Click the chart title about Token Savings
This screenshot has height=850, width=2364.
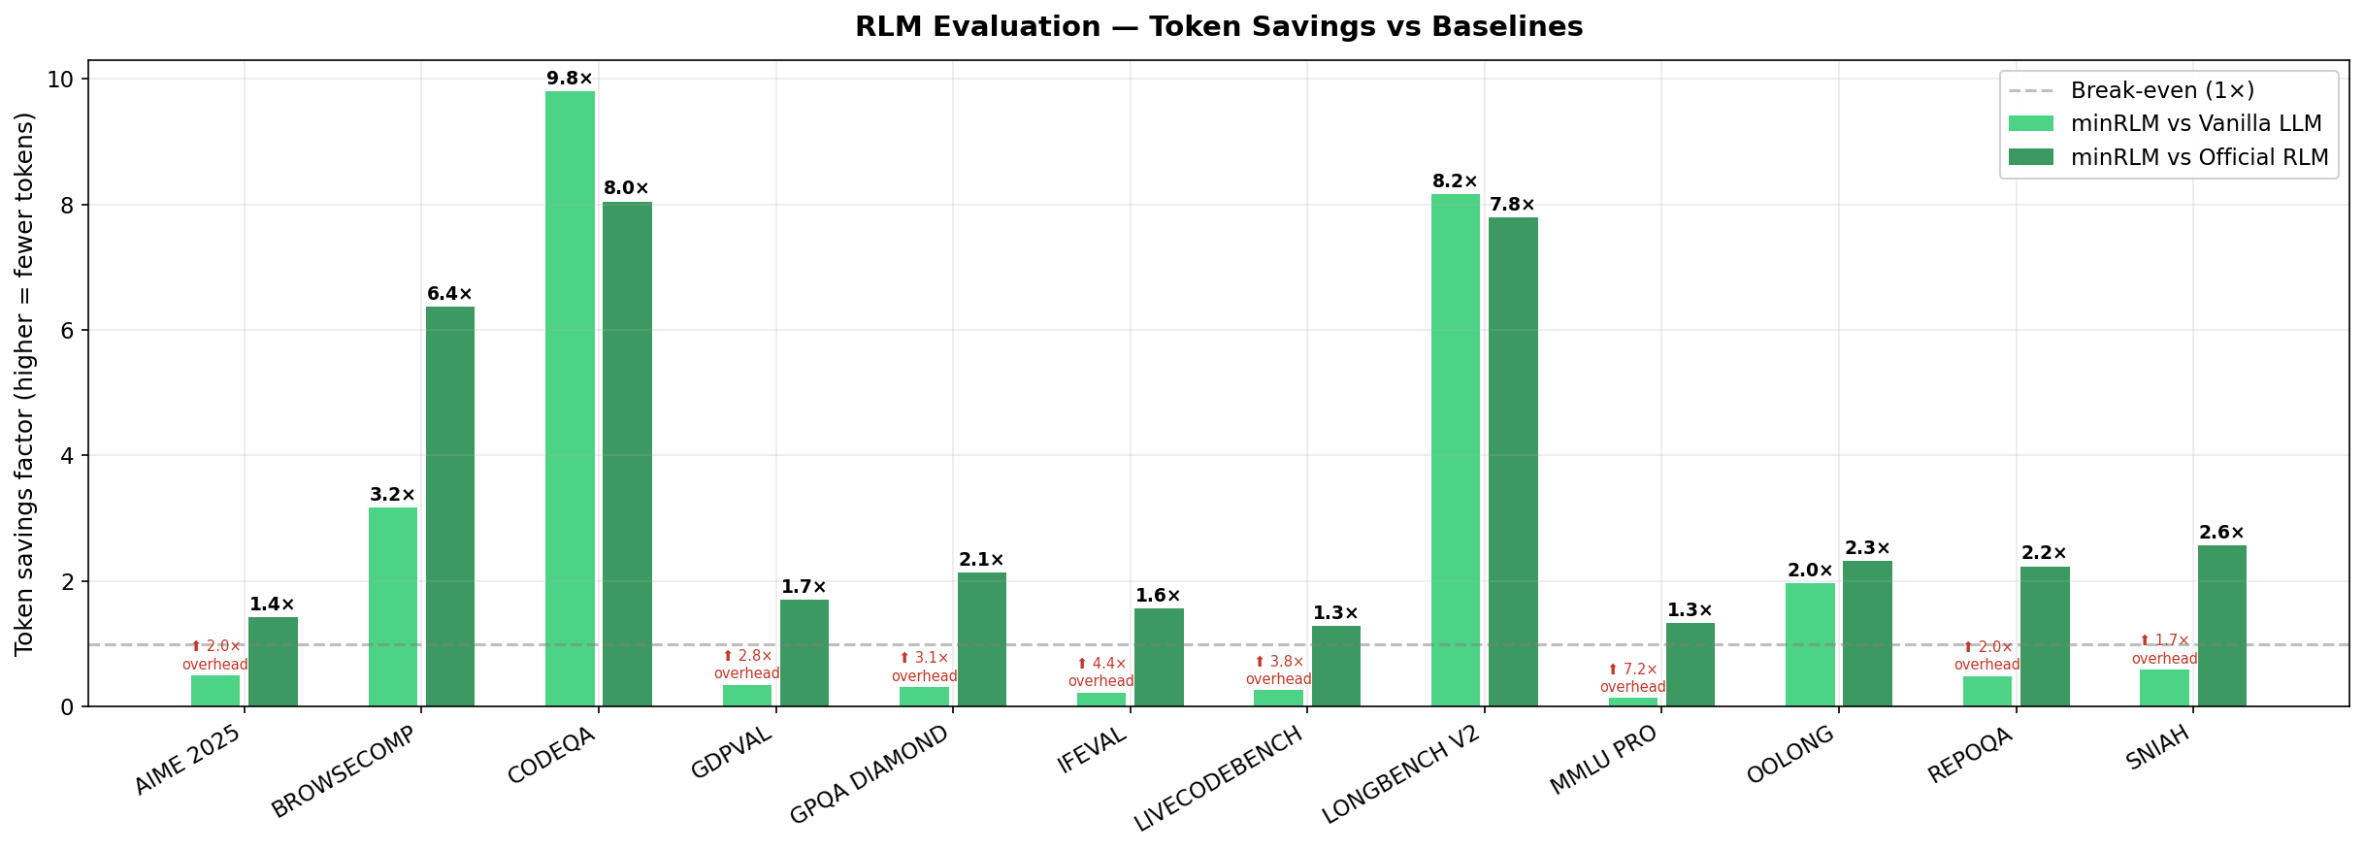click(x=1218, y=27)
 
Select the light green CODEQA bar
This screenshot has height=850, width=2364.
click(x=570, y=398)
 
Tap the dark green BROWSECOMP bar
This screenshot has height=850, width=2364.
click(x=450, y=507)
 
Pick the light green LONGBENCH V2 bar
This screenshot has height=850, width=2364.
click(x=1456, y=450)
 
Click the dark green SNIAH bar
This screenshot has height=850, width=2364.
click(x=2222, y=626)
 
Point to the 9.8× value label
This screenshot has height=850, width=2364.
click(x=570, y=79)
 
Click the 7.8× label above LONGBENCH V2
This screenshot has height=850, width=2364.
click(x=1513, y=205)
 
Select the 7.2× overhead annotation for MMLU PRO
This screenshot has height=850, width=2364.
click(x=1633, y=678)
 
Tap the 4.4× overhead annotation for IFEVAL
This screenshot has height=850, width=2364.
click(x=1101, y=672)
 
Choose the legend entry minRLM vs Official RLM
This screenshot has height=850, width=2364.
click(x=2199, y=157)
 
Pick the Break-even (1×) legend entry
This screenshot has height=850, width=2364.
click(x=2162, y=90)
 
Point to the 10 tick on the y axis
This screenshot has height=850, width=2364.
click(x=62, y=80)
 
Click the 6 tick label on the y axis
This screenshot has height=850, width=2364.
click(x=67, y=330)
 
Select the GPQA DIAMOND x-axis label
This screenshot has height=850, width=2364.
click(x=870, y=775)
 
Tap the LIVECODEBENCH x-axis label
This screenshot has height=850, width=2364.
click(x=1219, y=779)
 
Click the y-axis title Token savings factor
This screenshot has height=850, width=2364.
click(x=25, y=383)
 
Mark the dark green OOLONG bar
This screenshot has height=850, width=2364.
click(x=1867, y=634)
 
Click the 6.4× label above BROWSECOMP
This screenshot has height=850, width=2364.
click(x=450, y=294)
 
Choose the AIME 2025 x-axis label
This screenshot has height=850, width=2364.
click(x=188, y=761)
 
